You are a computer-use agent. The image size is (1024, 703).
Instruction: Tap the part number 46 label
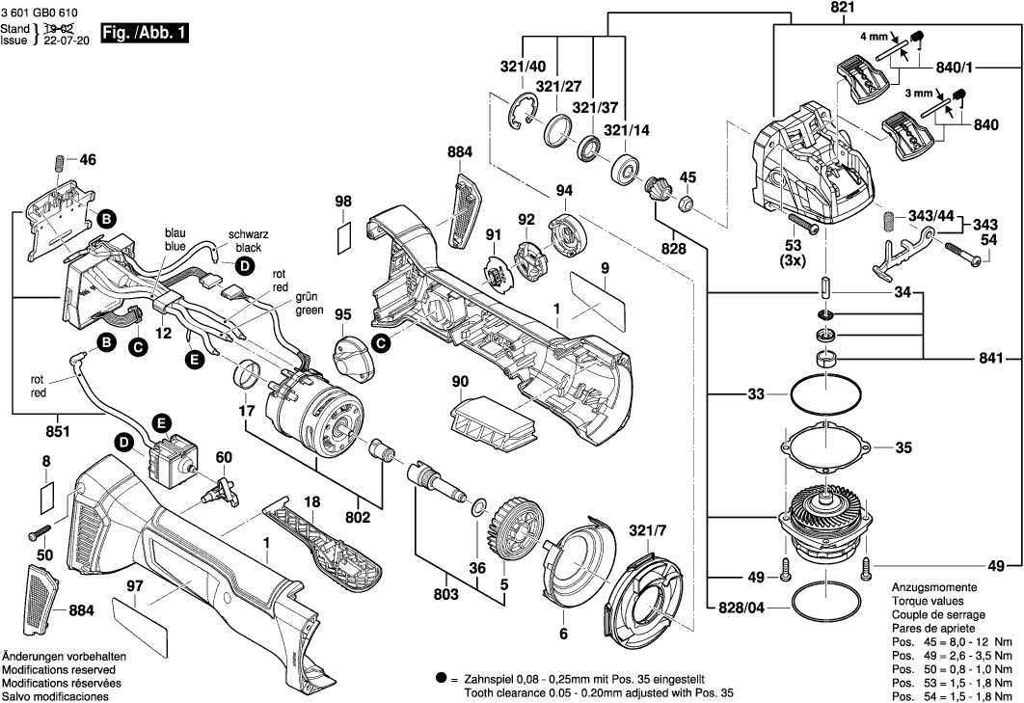click(x=88, y=160)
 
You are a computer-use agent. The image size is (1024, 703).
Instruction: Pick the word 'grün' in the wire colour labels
click(x=309, y=299)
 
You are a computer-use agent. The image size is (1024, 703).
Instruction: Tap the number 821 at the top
click(x=816, y=8)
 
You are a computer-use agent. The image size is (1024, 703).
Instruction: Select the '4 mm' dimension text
click(x=874, y=37)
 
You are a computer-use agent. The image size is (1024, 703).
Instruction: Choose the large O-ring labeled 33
click(x=826, y=393)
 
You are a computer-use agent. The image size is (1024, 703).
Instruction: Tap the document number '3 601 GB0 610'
click(x=40, y=9)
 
